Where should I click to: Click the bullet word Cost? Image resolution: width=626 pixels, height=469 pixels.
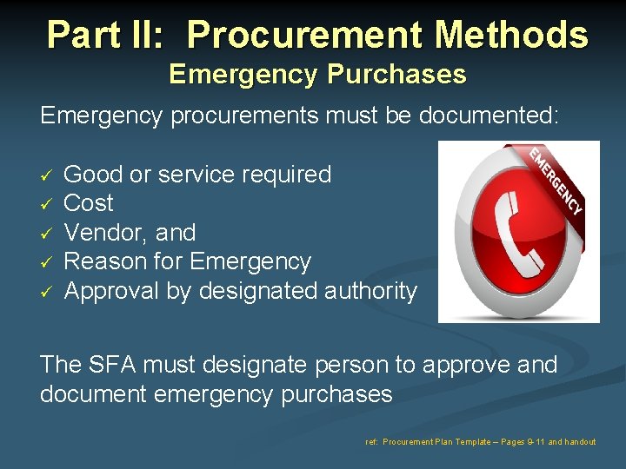coord(89,203)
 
